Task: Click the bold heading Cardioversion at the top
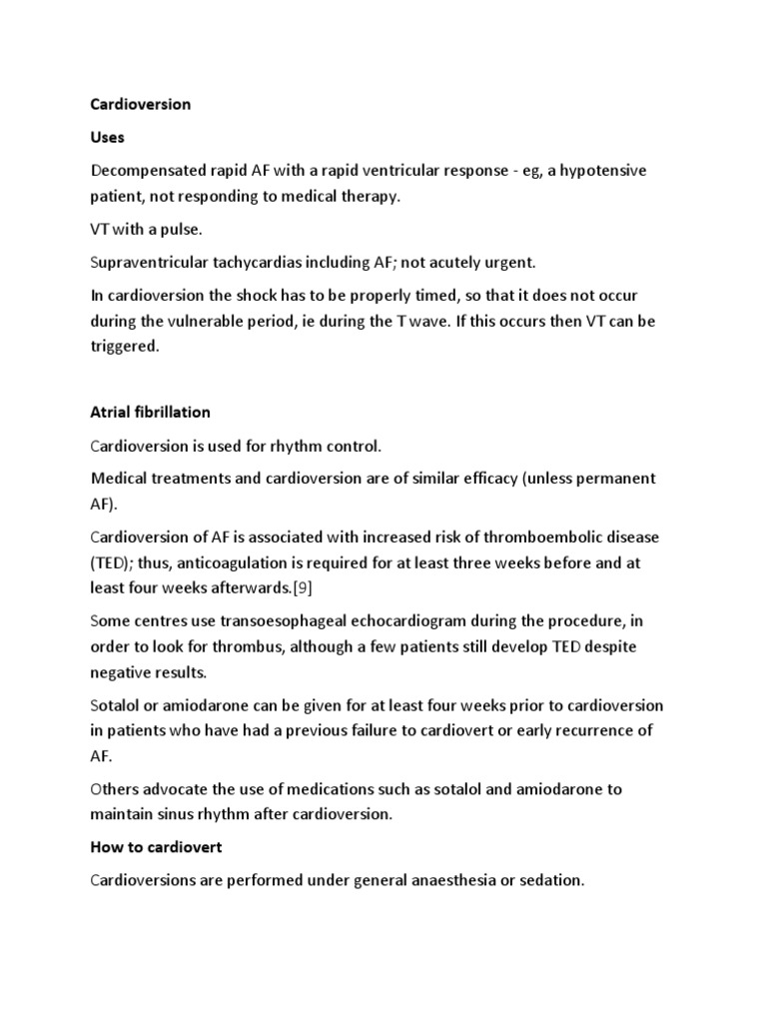click(x=140, y=104)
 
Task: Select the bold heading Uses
click(x=108, y=138)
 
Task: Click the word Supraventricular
click(x=150, y=263)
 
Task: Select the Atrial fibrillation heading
click(x=150, y=412)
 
